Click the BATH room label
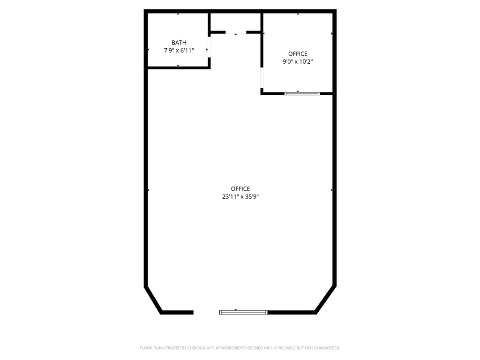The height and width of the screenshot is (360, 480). point(179,43)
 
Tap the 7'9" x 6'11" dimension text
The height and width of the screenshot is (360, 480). point(179,50)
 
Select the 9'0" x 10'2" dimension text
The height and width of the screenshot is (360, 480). point(298,61)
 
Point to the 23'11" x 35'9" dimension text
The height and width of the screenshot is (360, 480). point(240,197)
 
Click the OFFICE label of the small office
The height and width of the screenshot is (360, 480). point(298,54)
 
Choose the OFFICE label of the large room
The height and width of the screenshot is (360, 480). point(240,189)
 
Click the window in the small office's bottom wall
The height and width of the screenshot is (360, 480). point(302,93)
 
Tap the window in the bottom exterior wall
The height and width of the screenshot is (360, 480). point(243,312)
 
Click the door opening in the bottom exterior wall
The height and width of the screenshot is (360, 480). point(206,312)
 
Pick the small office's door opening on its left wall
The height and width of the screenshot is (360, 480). point(262,77)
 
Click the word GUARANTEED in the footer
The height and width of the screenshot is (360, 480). point(325,348)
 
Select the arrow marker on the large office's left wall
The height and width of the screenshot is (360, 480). point(149,190)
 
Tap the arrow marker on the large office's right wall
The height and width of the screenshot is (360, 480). point(332,190)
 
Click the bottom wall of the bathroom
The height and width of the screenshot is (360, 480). point(178,67)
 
